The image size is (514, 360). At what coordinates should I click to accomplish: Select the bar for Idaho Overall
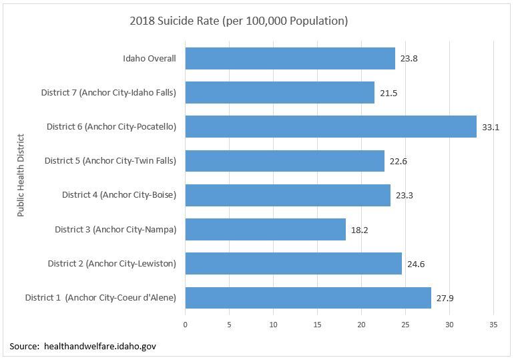pos(290,58)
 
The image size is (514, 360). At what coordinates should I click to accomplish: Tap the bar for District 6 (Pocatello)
pos(330,126)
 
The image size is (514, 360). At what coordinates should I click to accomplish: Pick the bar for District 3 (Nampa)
pos(265,229)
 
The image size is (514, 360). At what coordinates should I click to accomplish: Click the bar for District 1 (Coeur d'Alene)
pos(308,298)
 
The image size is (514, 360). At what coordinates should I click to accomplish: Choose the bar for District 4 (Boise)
pos(287,195)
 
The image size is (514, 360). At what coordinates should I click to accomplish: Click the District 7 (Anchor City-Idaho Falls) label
pos(108,93)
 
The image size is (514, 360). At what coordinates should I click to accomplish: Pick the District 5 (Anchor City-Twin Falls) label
pos(110,161)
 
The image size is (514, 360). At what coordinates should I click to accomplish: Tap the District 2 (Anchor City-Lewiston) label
pos(111,264)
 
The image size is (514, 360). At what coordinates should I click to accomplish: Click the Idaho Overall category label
pos(150,58)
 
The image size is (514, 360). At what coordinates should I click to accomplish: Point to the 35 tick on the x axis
pos(493,325)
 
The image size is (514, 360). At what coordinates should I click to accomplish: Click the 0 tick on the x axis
pos(185,325)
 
